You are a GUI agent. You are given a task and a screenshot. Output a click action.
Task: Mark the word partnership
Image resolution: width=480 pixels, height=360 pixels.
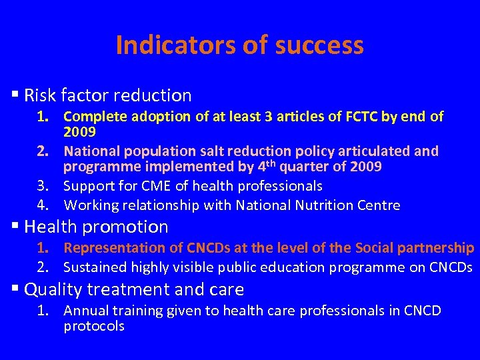pos(437,248)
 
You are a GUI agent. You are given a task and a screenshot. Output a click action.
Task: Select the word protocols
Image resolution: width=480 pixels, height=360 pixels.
pos(94,327)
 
